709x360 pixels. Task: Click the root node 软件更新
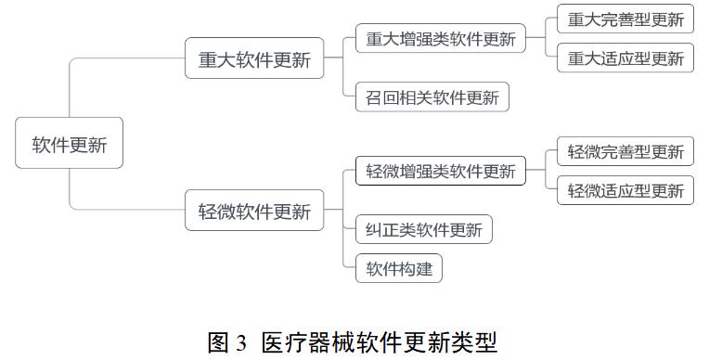click(70, 143)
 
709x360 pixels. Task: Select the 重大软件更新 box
click(254, 60)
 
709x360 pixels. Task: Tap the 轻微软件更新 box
click(254, 211)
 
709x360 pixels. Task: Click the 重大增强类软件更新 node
click(440, 39)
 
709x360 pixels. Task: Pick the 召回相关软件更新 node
click(432, 96)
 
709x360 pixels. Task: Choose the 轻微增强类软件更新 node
click(440, 172)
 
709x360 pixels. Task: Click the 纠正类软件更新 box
click(424, 230)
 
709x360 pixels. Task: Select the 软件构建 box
click(399, 269)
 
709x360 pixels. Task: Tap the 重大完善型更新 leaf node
click(625, 19)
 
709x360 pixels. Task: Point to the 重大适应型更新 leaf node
click(625, 58)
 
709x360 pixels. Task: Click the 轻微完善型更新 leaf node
click(625, 151)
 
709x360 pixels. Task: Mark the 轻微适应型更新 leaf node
click(625, 191)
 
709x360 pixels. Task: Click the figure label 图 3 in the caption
click(227, 342)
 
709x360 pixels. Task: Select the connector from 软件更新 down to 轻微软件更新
click(71, 190)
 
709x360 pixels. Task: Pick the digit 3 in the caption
click(242, 343)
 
